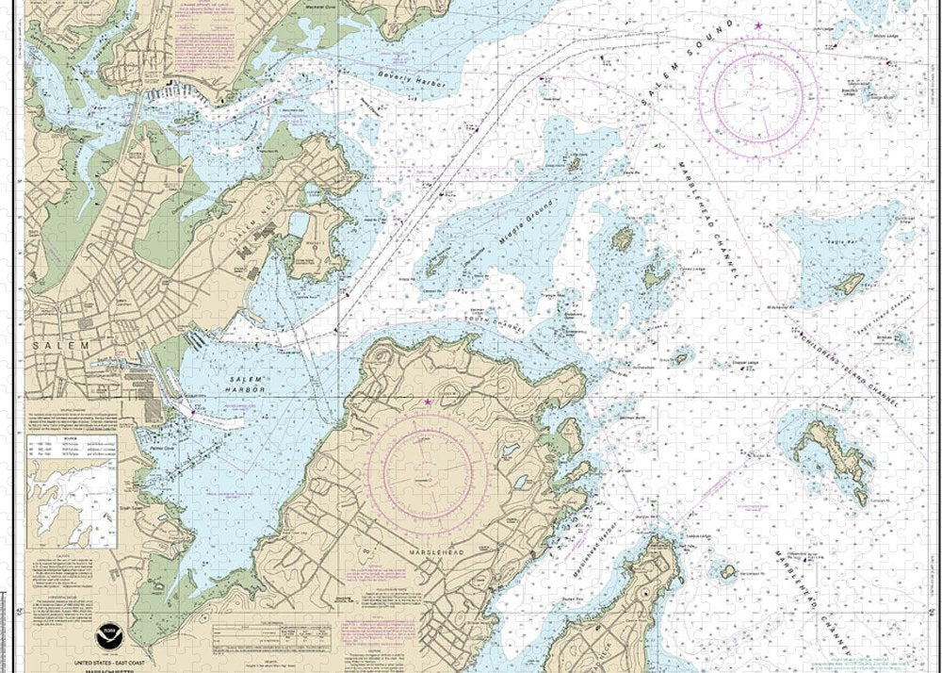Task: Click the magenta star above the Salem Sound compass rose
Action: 758,25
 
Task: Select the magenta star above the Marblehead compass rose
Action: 428,402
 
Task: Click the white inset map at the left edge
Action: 71,490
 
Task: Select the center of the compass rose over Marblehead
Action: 427,468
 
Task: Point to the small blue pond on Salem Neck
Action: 300,224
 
